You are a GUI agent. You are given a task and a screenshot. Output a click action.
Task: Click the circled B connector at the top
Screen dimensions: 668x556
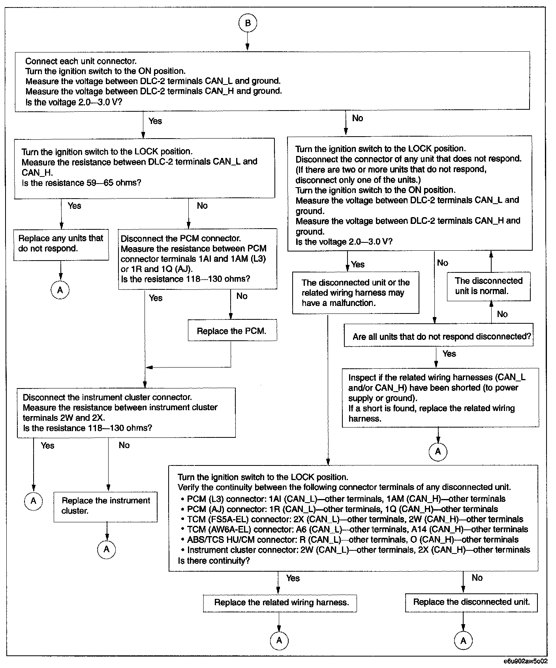[x=248, y=23]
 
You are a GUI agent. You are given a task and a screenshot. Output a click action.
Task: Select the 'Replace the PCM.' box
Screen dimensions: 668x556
[x=231, y=331]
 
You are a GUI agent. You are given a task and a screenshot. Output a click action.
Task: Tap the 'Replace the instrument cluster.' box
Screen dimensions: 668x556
[x=105, y=506]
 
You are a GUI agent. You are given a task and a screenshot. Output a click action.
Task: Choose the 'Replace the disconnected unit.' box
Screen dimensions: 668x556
[x=471, y=602]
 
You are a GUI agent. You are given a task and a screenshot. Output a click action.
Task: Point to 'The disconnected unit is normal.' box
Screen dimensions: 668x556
[x=488, y=286]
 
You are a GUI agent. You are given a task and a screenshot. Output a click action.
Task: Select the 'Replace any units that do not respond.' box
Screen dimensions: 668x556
[x=61, y=244]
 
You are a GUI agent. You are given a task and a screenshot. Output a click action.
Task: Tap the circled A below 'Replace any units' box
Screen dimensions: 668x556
[x=60, y=290]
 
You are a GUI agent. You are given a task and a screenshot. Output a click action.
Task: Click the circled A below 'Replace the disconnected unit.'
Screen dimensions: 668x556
[x=463, y=640]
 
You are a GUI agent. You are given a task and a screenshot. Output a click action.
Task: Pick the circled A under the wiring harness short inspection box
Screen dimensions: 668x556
[x=438, y=451]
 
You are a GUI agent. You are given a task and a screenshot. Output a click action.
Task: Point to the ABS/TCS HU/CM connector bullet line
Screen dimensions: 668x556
[x=352, y=540]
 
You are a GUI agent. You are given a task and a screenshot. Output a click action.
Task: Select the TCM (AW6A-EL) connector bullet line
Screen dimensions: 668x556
[x=357, y=529]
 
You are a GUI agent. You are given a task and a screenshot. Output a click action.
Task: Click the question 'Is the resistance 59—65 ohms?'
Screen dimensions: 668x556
[x=82, y=183]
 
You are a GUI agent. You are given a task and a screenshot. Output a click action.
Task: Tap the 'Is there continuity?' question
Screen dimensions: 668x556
[x=214, y=561]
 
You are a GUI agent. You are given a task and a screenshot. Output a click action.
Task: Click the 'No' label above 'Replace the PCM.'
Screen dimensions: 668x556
[x=242, y=296]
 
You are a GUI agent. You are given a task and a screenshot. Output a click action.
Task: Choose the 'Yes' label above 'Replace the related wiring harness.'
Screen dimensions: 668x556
[x=293, y=578]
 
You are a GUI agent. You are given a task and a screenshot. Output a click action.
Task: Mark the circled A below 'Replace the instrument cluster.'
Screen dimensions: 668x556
[x=106, y=549]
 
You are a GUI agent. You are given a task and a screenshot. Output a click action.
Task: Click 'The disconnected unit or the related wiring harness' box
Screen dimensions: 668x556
[x=355, y=293]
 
